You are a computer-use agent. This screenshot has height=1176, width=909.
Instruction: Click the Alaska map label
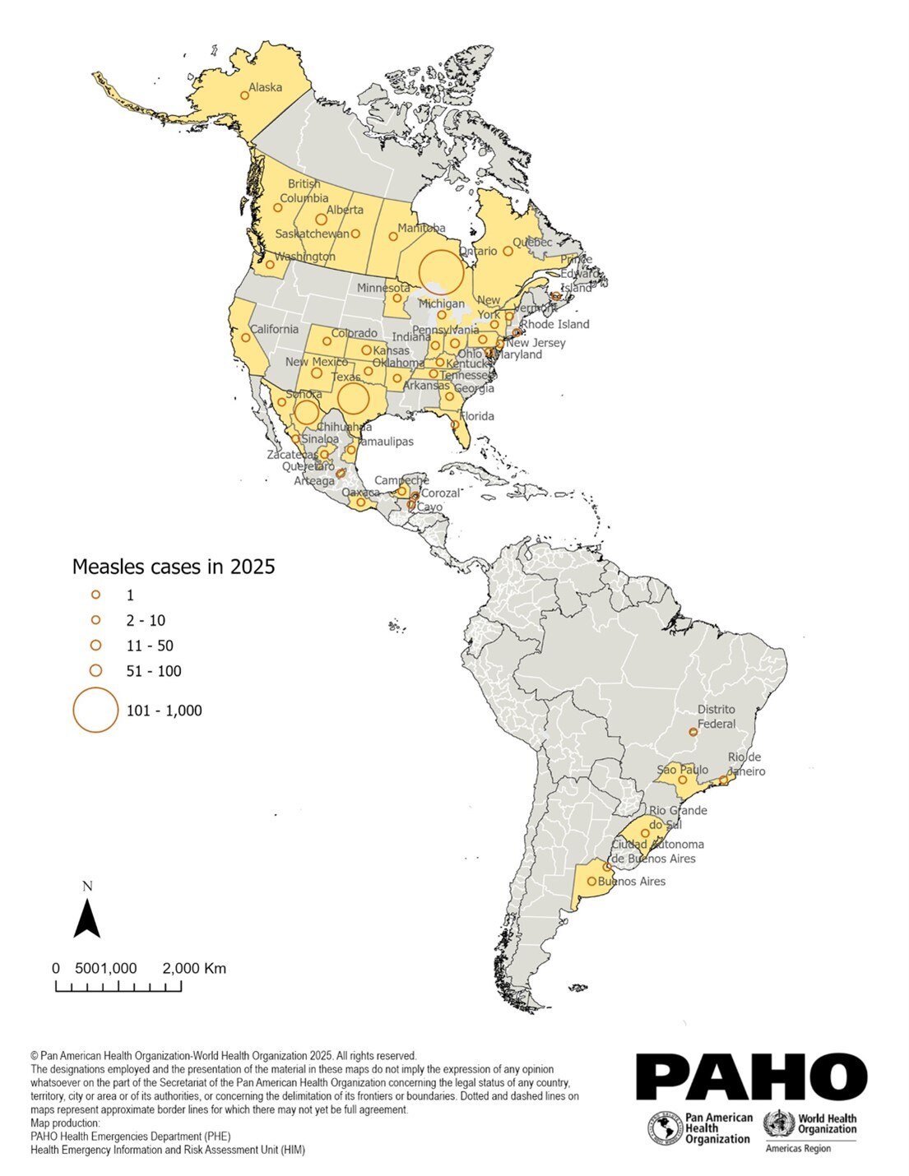coord(265,87)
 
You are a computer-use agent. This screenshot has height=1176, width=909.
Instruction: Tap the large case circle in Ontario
coord(441,272)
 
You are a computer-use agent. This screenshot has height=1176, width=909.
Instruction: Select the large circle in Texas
coord(353,398)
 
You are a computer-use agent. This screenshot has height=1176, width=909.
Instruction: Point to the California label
coord(274,329)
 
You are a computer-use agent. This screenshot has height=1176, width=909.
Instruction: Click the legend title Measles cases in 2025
coord(174,567)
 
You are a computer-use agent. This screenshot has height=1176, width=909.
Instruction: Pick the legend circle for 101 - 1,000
coord(95,710)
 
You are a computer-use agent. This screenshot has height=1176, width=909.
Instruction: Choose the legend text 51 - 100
coord(154,671)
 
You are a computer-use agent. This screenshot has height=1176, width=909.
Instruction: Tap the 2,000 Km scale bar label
coord(194,968)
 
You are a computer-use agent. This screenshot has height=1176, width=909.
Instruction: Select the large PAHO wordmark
coord(751,1076)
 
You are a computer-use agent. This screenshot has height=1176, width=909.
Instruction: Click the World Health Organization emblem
coord(777,1123)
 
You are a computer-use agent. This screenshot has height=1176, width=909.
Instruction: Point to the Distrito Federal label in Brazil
coord(717,716)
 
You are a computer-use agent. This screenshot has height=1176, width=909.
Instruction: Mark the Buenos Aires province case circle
coord(591,882)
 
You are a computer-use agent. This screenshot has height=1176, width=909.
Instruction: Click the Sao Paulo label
coord(682,770)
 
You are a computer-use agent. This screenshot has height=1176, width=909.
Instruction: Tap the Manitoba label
coord(421,228)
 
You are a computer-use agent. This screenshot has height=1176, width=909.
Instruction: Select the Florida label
coord(477,416)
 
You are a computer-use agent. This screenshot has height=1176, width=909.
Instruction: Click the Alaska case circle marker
coord(244,95)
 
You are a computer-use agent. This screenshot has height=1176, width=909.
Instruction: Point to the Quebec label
coord(532,242)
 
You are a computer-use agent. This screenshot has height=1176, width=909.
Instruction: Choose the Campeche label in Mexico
coord(401,480)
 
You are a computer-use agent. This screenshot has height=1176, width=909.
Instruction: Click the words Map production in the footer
coord(65,1123)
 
